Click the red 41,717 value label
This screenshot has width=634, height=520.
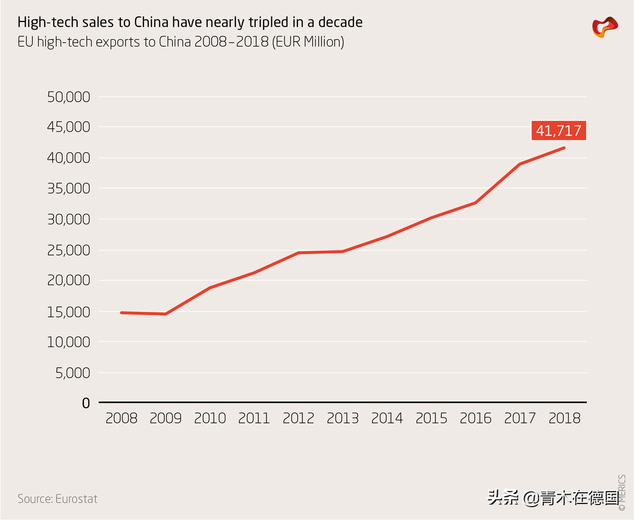[x=559, y=131]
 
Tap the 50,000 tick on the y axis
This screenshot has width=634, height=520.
[x=69, y=97]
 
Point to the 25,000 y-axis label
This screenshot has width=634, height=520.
[x=69, y=250]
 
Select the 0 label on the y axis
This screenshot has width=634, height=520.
[x=86, y=403]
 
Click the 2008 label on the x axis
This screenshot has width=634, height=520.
[x=121, y=418]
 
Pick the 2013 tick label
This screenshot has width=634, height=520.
[x=343, y=418]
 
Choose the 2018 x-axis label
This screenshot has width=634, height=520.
[x=564, y=418]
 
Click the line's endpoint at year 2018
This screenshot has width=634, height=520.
[x=564, y=148]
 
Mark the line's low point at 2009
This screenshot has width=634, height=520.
[x=166, y=314]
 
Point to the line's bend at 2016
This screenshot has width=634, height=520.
[x=476, y=203]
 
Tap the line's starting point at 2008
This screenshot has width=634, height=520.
[x=121, y=313]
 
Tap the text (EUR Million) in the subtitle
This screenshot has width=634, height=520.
[x=308, y=42]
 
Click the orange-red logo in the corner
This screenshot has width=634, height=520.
[x=605, y=27]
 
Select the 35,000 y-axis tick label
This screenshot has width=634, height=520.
[x=69, y=189]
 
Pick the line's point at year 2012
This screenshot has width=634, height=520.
[x=299, y=253]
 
